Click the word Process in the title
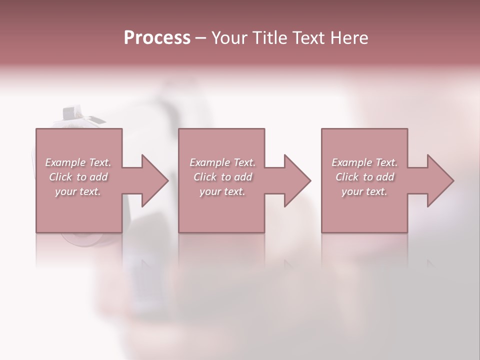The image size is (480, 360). tap(157, 38)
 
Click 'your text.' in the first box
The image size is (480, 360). tap(77, 191)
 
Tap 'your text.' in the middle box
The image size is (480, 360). tap(222, 191)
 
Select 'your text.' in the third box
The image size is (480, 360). tap(364, 191)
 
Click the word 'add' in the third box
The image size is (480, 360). tap(385, 177)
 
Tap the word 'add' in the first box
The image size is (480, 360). tap(98, 177)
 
